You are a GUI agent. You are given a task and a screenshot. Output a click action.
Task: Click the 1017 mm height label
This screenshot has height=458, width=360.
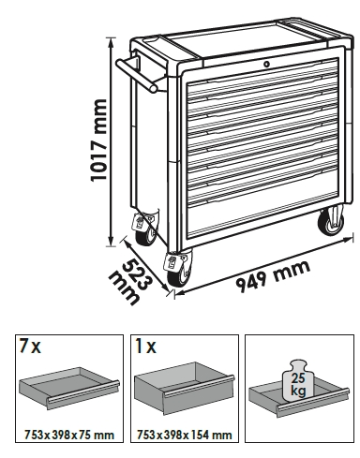pyautogui.click(x=99, y=140)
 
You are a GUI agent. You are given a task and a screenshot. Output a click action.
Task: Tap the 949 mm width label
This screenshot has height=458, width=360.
pyautogui.click(x=273, y=276)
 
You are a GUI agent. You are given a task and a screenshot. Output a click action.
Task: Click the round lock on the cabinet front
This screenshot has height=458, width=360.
pyautogui.click(x=266, y=65)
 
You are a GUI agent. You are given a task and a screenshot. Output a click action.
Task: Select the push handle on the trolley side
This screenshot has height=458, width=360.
pyautogui.click(x=138, y=74)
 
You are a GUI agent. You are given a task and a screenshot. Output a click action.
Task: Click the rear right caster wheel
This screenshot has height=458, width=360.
pyautogui.click(x=331, y=222)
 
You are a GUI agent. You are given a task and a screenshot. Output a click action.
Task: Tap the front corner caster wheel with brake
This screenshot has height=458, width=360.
pyautogui.click(x=177, y=269)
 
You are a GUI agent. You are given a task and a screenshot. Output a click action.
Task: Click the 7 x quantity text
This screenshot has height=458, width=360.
pyautogui.click(x=30, y=347)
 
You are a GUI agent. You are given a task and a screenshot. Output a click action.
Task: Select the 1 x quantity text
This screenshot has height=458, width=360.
pyautogui.click(x=145, y=347)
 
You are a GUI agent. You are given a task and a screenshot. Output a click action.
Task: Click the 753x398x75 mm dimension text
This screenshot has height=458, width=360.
pyautogui.click(x=69, y=435)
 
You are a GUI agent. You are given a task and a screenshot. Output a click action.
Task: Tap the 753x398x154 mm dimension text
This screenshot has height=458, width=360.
pyautogui.click(x=185, y=435)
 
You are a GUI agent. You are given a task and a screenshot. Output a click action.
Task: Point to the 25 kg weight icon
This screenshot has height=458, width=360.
pyautogui.click(x=298, y=382)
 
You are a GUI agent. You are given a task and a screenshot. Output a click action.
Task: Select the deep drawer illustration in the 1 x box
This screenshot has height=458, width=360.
pyautogui.click(x=185, y=388)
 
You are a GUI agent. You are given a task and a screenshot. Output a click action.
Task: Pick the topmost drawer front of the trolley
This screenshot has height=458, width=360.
pyautogui.click(x=262, y=78)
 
